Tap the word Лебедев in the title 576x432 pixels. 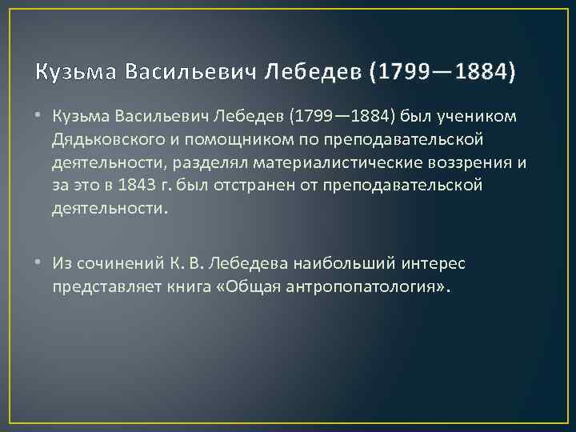pyautogui.click(x=314, y=73)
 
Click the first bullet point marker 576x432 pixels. pyautogui.click(x=40, y=118)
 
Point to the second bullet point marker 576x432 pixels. pyautogui.click(x=40, y=262)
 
